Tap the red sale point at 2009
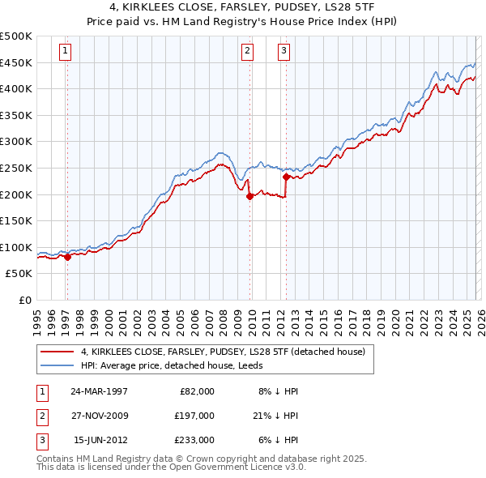click(x=249, y=195)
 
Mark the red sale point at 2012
click(x=286, y=176)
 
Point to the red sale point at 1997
click(x=68, y=256)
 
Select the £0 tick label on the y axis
click(x=25, y=300)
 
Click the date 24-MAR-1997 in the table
click(x=99, y=391)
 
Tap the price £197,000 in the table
click(x=194, y=416)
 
